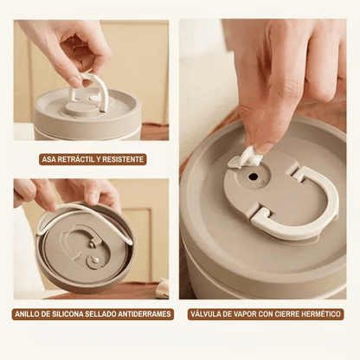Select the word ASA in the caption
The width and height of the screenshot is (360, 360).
tap(49, 159)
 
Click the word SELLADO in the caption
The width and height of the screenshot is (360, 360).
tap(101, 314)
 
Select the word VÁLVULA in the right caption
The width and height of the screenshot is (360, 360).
tap(204, 314)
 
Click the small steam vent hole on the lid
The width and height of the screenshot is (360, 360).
tap(254, 177)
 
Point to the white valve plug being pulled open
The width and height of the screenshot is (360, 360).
tap(245, 157)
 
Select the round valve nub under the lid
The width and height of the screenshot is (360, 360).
tap(95, 260)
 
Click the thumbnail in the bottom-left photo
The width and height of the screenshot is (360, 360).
tap(92, 199)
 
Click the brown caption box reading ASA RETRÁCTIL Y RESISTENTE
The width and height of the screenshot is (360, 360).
tap(93, 159)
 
